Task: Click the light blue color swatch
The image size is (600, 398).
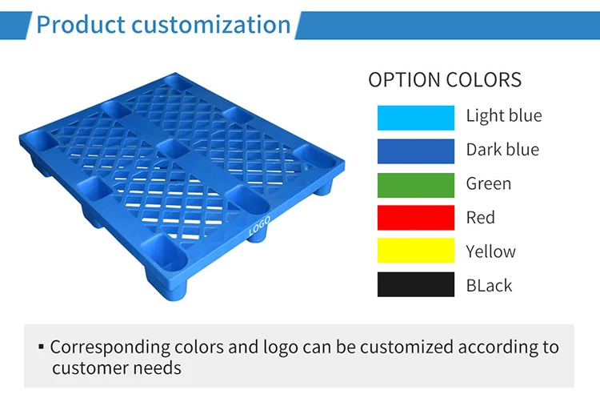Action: [415, 118]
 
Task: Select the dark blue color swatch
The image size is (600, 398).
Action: [415, 151]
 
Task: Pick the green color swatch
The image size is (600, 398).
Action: [415, 185]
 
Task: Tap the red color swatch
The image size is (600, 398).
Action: [415, 218]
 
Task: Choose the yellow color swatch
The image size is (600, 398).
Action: [415, 251]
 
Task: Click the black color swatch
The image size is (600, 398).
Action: [415, 284]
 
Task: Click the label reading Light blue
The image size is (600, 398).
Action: [504, 115]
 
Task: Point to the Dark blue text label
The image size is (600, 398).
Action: [502, 150]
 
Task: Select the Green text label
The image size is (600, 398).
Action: [489, 183]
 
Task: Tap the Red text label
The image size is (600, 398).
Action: [481, 218]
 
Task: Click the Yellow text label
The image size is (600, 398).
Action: [491, 251]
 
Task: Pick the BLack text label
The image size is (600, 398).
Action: [489, 286]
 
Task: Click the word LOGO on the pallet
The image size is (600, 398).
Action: [259, 227]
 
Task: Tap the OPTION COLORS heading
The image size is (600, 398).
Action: [445, 79]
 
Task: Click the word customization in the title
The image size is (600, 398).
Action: [211, 25]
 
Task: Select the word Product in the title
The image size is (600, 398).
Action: [81, 25]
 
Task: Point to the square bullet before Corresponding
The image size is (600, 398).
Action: [42, 347]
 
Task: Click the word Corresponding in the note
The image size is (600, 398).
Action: [110, 348]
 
